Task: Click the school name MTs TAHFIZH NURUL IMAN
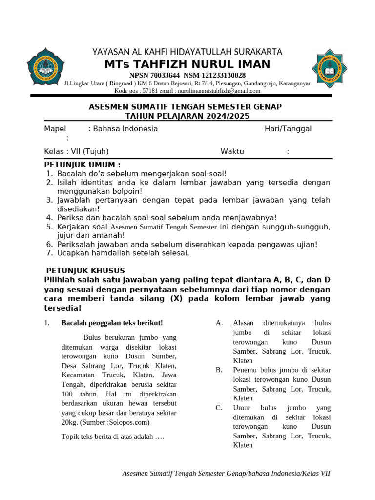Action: pos(187,64)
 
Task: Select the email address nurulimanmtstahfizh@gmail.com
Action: pos(219,91)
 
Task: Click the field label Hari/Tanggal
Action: pos(288,129)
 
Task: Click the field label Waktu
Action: pos(232,151)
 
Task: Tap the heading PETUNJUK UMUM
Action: pos(82,164)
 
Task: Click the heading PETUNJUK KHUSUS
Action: pos(85,271)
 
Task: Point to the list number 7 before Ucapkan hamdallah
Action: pos(49,253)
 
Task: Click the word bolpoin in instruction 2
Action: pos(127,191)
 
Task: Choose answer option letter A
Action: pos(219,323)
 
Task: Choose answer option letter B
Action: pos(219,370)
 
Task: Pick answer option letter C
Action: pos(219,408)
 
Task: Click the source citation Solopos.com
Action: pos(129,422)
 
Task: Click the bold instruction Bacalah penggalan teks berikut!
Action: pos(112,323)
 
